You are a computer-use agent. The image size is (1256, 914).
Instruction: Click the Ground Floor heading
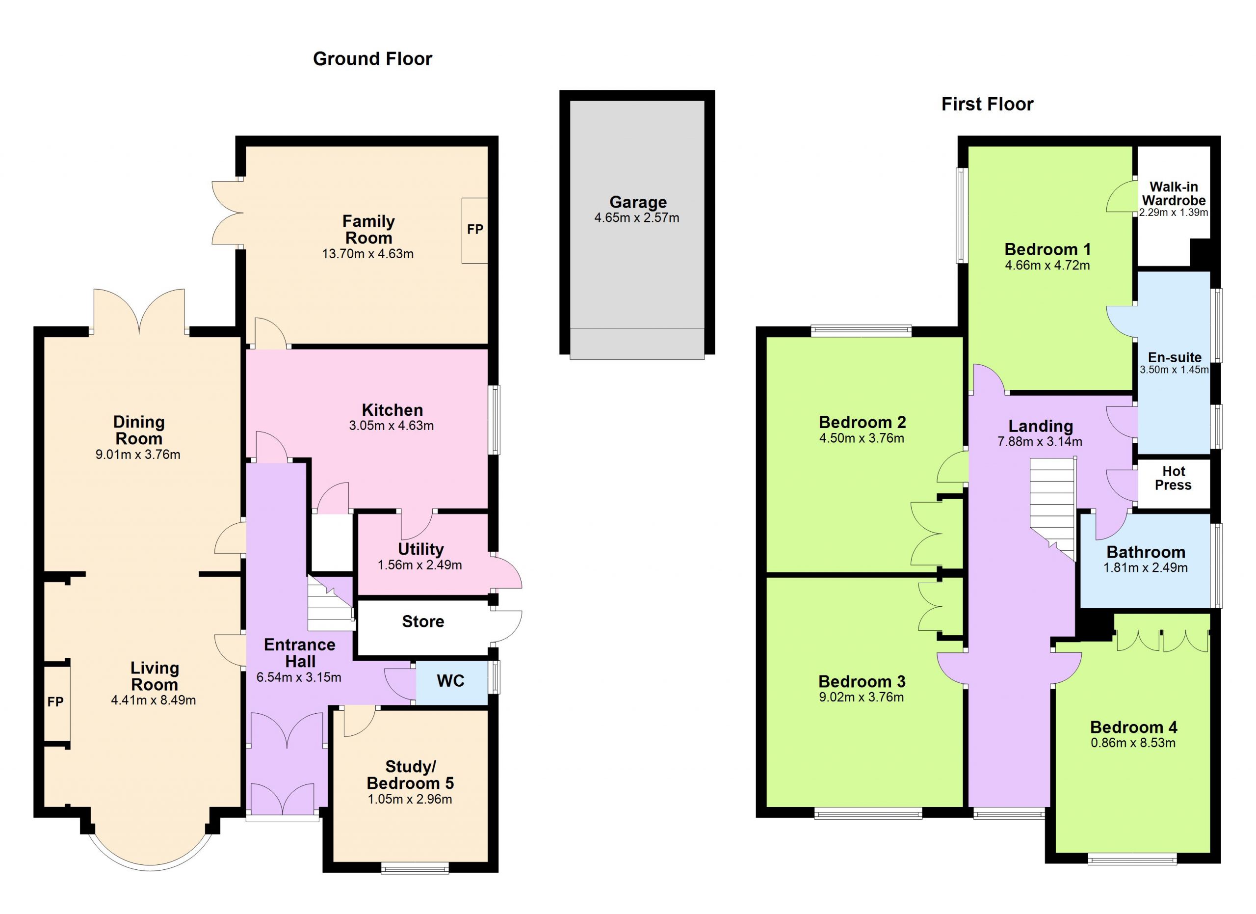[x=372, y=59]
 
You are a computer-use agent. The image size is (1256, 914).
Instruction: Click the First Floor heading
[x=988, y=104]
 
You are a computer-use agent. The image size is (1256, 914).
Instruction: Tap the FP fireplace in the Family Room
[x=474, y=230]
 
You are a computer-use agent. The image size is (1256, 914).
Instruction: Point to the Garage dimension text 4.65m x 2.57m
[x=637, y=217]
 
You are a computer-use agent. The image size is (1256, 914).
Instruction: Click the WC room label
[x=451, y=681]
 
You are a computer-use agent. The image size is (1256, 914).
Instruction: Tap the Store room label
[x=423, y=621]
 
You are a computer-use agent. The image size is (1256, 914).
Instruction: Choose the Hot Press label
[x=1174, y=478]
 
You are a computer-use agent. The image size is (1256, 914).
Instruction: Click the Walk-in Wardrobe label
[x=1174, y=193]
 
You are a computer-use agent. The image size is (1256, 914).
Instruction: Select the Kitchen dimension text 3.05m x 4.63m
[x=392, y=426]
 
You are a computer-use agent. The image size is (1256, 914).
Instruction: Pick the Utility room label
[x=421, y=549]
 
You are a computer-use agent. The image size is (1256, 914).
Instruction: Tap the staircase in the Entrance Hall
[x=331, y=603]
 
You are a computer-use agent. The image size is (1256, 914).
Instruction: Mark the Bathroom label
[x=1146, y=552]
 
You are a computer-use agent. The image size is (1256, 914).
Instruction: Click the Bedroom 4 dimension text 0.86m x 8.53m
[x=1133, y=743]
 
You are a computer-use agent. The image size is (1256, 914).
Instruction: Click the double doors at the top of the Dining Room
[x=139, y=311]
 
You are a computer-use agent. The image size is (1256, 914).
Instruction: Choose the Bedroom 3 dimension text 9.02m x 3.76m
[x=861, y=698]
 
